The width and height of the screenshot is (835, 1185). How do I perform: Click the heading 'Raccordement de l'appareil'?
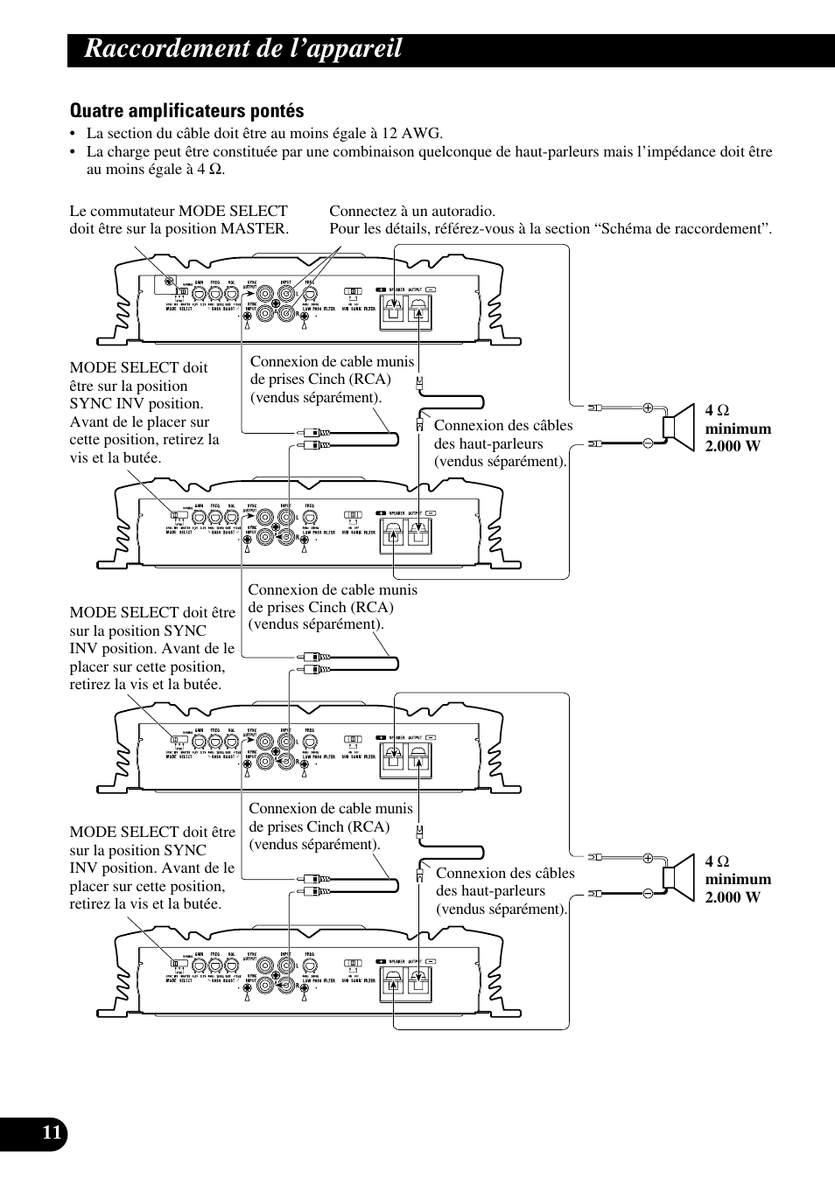(x=243, y=49)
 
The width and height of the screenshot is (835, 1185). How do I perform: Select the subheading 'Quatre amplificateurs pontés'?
(x=187, y=111)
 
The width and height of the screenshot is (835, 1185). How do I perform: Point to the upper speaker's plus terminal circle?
(x=649, y=408)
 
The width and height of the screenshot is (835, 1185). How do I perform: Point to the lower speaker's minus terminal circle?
(x=649, y=894)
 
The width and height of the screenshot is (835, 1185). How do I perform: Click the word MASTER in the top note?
(x=257, y=229)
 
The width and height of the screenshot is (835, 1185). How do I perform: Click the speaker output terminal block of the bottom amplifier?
(x=403, y=986)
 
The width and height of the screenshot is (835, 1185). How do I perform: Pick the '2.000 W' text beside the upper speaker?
(x=739, y=446)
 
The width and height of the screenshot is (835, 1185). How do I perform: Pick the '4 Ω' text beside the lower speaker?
(x=718, y=861)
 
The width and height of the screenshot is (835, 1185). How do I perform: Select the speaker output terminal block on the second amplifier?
(x=403, y=535)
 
